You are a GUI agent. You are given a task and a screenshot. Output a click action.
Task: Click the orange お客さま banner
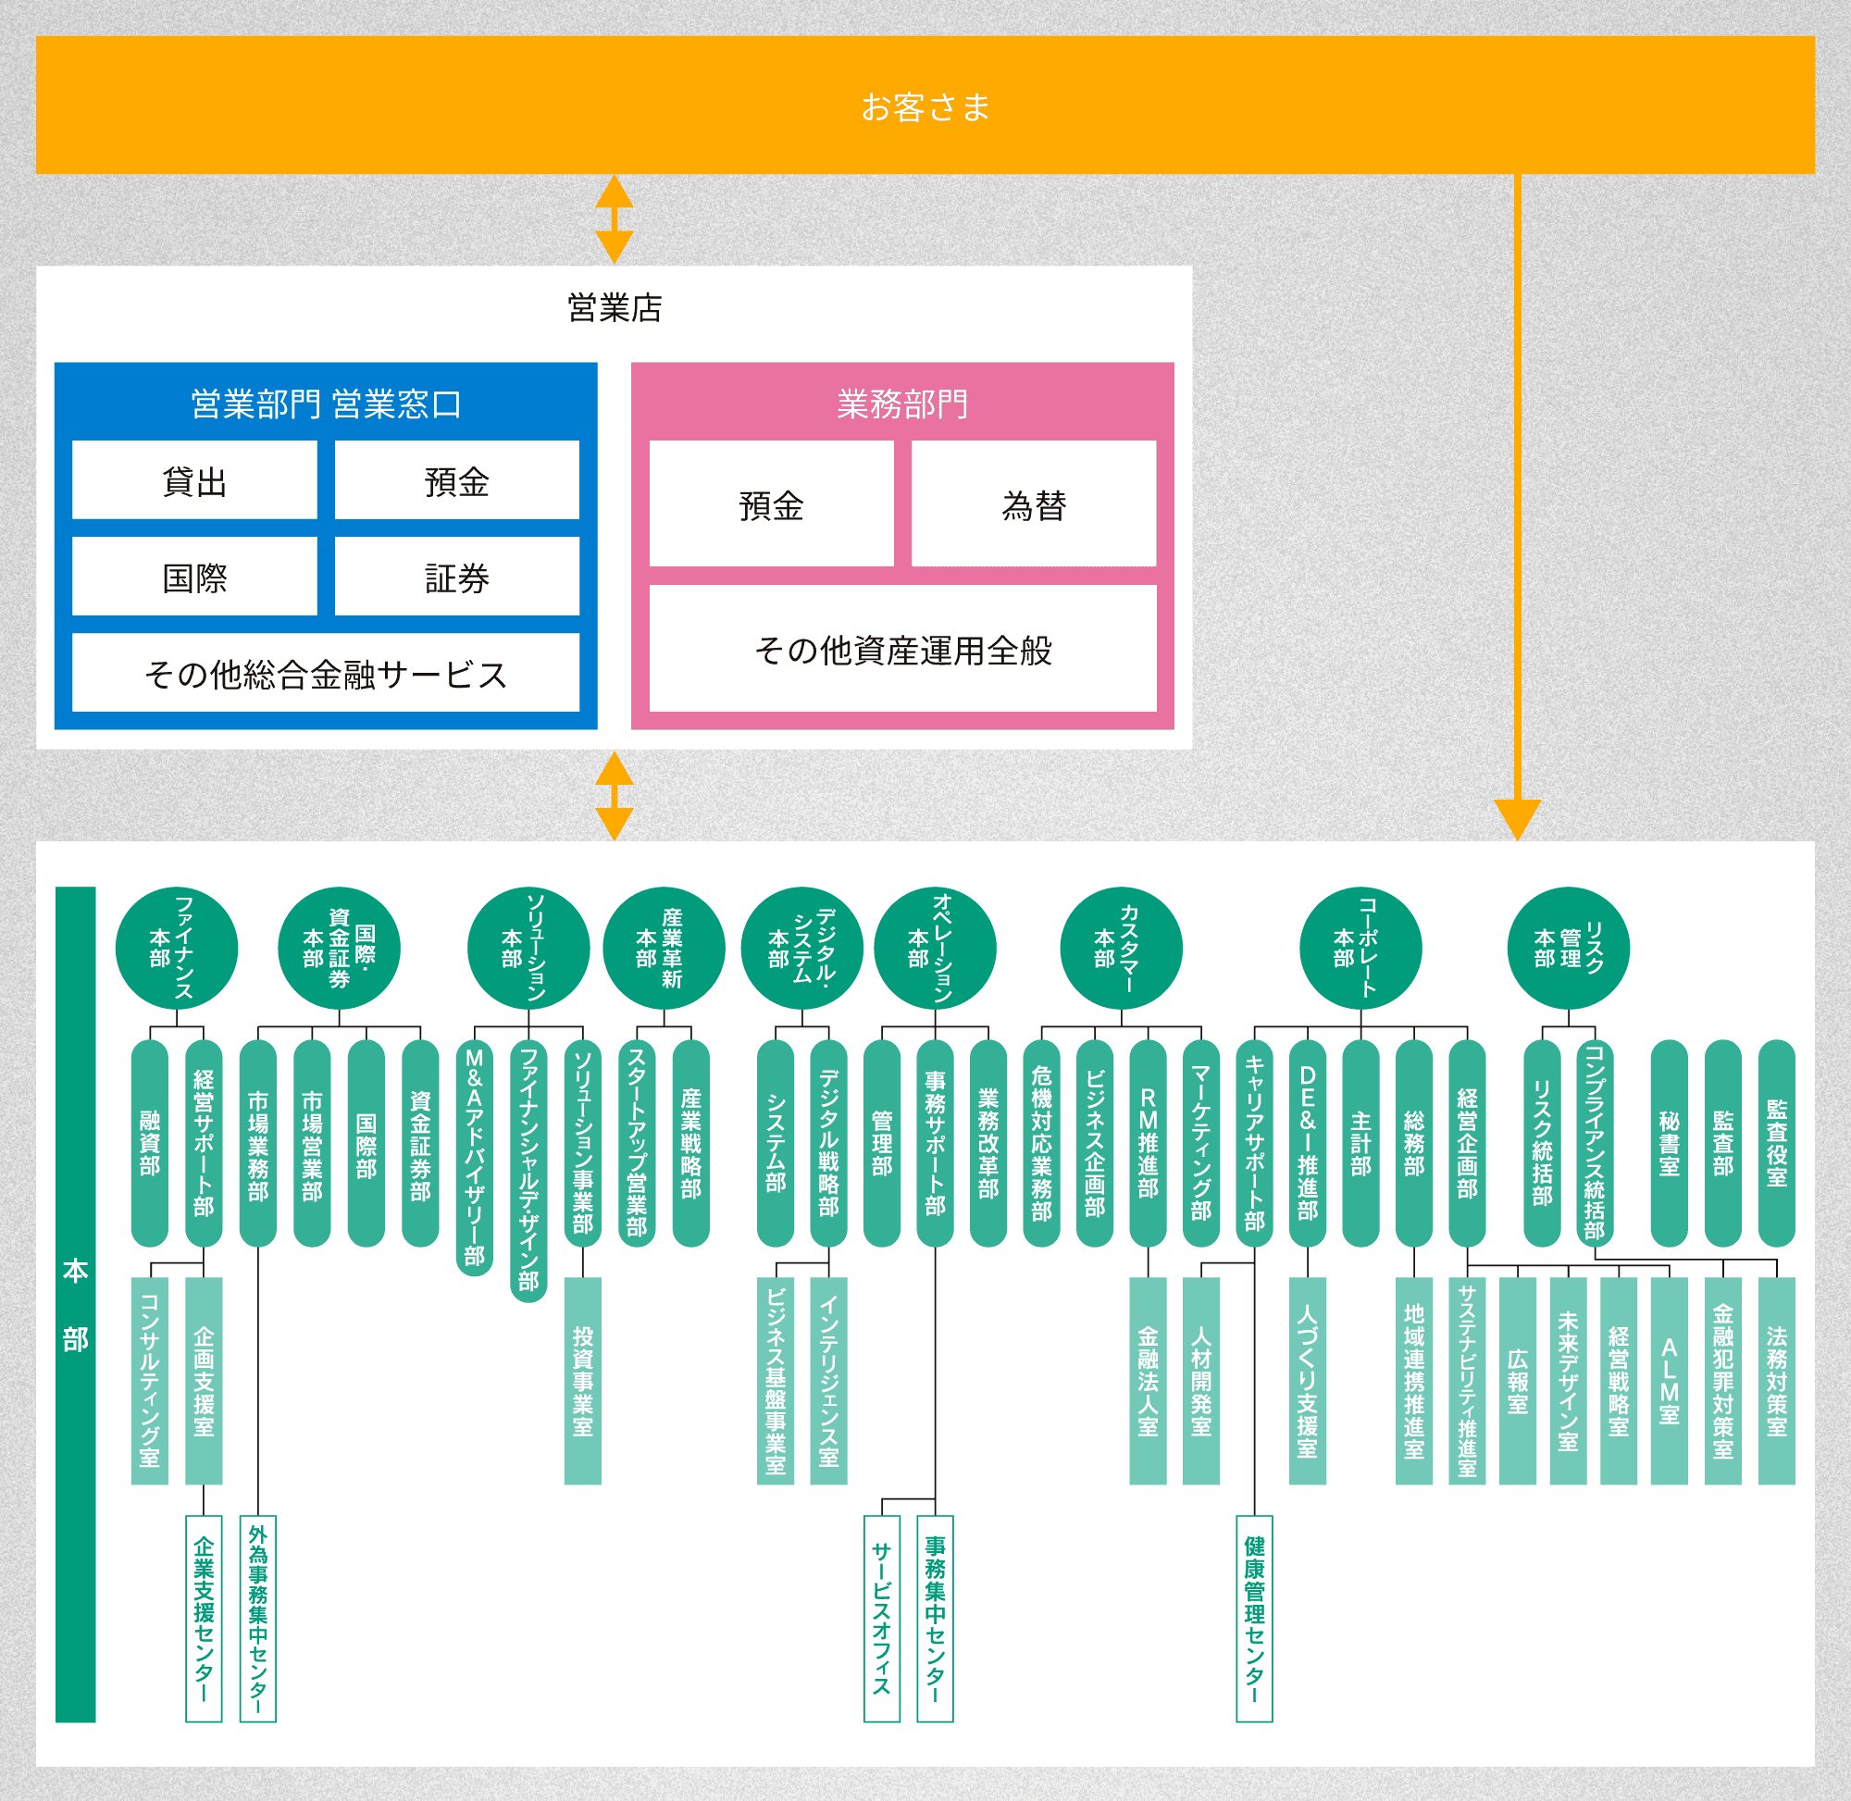tap(925, 105)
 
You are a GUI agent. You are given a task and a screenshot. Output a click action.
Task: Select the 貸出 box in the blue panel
tap(194, 480)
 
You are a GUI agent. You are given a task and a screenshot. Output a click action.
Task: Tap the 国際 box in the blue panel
tap(194, 577)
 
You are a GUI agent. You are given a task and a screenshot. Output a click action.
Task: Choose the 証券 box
tap(457, 577)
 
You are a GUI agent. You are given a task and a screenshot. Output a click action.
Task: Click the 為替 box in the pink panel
tap(1033, 504)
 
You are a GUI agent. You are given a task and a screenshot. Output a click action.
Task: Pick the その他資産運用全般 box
tap(902, 649)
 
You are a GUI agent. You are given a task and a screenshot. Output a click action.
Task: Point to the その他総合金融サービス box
tap(326, 673)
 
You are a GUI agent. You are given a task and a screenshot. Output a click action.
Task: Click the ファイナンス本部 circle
tap(176, 948)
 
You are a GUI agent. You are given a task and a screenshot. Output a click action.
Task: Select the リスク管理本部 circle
tap(1567, 948)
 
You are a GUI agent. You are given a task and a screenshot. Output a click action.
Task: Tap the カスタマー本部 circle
tap(1121, 948)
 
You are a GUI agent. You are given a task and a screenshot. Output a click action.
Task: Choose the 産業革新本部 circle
tap(664, 948)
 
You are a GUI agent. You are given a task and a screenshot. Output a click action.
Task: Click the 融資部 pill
tap(149, 1143)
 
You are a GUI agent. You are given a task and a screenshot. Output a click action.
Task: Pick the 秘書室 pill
tap(1669, 1143)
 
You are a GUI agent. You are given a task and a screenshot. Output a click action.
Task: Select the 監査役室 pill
tap(1775, 1143)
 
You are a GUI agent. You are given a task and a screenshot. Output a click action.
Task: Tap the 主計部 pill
tap(1360, 1143)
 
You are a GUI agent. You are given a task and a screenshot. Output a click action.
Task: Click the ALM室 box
tap(1669, 1380)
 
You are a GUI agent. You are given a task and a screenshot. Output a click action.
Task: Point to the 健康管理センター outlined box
tap(1254, 1619)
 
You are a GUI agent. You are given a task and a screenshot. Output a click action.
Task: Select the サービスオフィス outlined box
tap(881, 1619)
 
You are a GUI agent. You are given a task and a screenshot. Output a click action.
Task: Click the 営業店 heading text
tap(614, 307)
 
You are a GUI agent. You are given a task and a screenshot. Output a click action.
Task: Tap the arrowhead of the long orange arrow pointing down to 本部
tap(1517, 819)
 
